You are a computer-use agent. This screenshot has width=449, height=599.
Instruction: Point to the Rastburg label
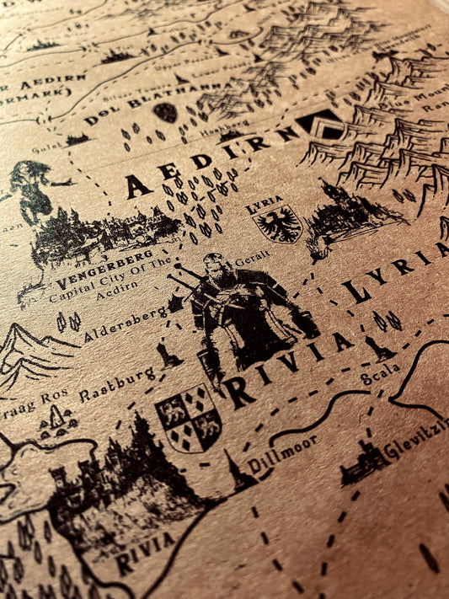pyautogui.click(x=117, y=383)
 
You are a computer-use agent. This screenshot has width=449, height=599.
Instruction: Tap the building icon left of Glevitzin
pyautogui.click(x=363, y=465)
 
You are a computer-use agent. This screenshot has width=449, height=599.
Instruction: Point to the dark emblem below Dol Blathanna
pyautogui.click(x=165, y=112)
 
